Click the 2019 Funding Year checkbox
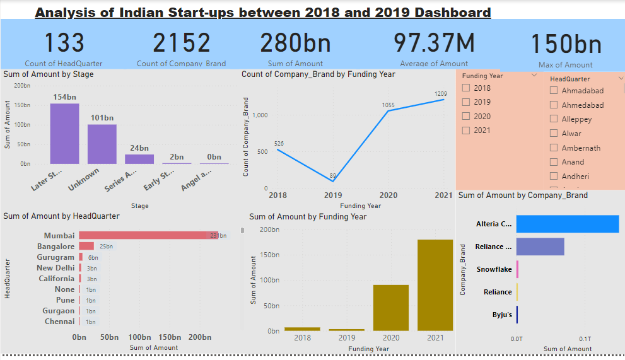tap(466, 102)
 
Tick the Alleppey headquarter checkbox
tap(554, 119)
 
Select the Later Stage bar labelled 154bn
tap(64, 134)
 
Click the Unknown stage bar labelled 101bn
tap(102, 144)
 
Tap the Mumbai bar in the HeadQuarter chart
tap(148, 235)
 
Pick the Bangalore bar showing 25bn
tap(86, 246)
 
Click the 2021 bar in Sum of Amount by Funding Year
tap(435, 285)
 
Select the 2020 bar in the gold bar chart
tap(390, 308)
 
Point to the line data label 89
tap(332, 176)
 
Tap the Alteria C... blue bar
tap(568, 224)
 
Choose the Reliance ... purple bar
tap(540, 247)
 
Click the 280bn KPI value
tap(296, 43)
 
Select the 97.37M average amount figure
tap(434, 43)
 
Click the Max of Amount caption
tap(565, 64)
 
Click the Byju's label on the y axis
tap(502, 315)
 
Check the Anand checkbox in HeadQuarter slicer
tap(554, 162)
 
